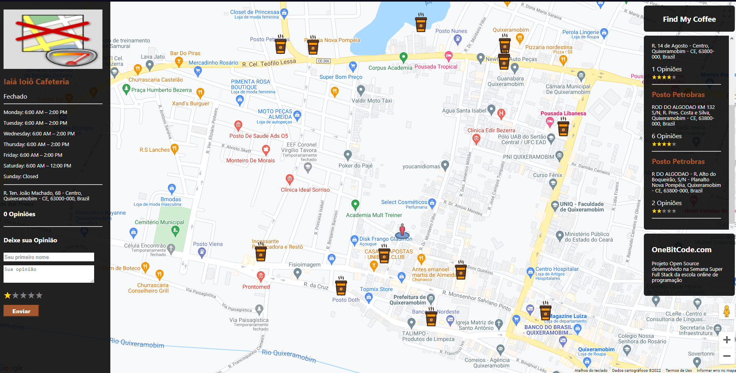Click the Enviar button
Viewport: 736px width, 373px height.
coord(21,311)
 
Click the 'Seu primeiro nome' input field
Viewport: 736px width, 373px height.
coord(49,257)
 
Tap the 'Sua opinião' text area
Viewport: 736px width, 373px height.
coord(49,274)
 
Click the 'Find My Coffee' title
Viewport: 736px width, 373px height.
coord(689,19)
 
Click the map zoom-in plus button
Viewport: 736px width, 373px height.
coord(727,339)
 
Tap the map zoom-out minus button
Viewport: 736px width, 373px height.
coord(727,356)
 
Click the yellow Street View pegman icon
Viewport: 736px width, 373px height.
coord(727,311)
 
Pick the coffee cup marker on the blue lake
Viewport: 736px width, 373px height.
coord(421,22)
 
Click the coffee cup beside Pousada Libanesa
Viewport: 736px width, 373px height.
coord(563,127)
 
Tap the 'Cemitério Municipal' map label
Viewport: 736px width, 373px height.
coord(159,223)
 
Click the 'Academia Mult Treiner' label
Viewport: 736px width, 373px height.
coord(374,215)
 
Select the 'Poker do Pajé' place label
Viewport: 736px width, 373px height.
coord(355,166)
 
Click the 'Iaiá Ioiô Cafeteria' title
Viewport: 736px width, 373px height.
coord(36,82)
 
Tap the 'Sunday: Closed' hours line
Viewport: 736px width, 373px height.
coord(21,176)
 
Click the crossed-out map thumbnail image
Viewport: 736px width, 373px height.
coord(53,39)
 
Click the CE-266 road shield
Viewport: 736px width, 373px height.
coord(324,61)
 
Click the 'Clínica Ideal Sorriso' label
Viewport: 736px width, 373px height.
coord(305,190)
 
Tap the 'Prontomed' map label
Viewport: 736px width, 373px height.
coord(256,287)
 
